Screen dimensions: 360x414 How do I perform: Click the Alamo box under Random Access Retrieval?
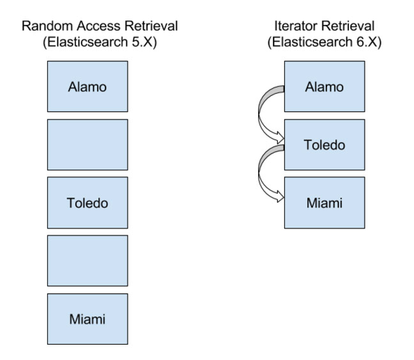tap(88, 86)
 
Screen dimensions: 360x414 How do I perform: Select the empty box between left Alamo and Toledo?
tap(88, 145)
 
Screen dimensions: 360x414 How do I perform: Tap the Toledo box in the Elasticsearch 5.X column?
tap(88, 203)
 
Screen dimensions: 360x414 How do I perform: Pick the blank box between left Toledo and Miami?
tap(88, 261)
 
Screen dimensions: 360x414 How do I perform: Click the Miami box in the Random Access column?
tap(88, 318)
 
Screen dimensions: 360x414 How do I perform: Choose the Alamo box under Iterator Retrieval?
tap(325, 86)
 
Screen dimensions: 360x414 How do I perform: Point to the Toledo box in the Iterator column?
tap(325, 145)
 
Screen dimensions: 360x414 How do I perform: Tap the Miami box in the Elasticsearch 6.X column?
tap(325, 203)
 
